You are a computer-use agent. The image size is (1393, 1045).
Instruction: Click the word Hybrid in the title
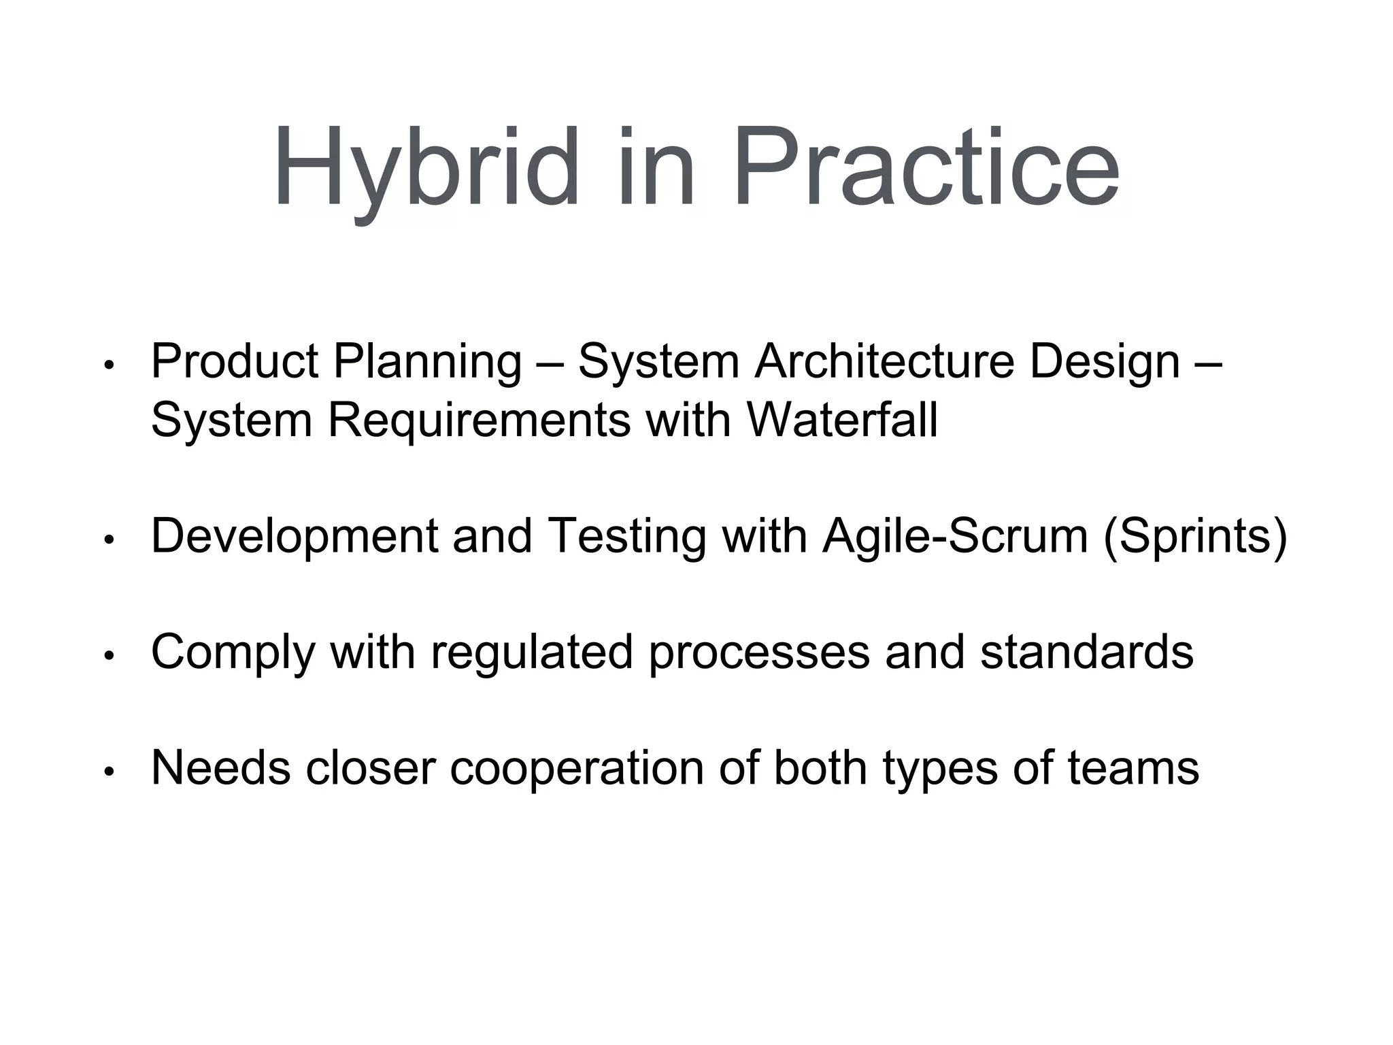(x=425, y=169)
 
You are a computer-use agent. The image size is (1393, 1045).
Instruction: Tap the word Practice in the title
(x=925, y=169)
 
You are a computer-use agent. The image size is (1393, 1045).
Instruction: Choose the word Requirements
(x=480, y=420)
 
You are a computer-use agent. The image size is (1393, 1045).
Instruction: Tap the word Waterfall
(x=842, y=420)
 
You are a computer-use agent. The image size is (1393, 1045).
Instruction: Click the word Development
(x=294, y=537)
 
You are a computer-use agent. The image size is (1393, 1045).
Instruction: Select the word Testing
(x=626, y=537)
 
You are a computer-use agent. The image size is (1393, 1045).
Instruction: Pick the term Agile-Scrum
(x=955, y=537)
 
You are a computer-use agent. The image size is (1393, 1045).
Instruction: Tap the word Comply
(x=233, y=652)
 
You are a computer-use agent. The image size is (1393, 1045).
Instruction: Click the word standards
(x=1086, y=652)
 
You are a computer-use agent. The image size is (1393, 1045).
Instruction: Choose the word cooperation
(x=577, y=768)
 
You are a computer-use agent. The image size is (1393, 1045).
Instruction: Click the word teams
(x=1133, y=768)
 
